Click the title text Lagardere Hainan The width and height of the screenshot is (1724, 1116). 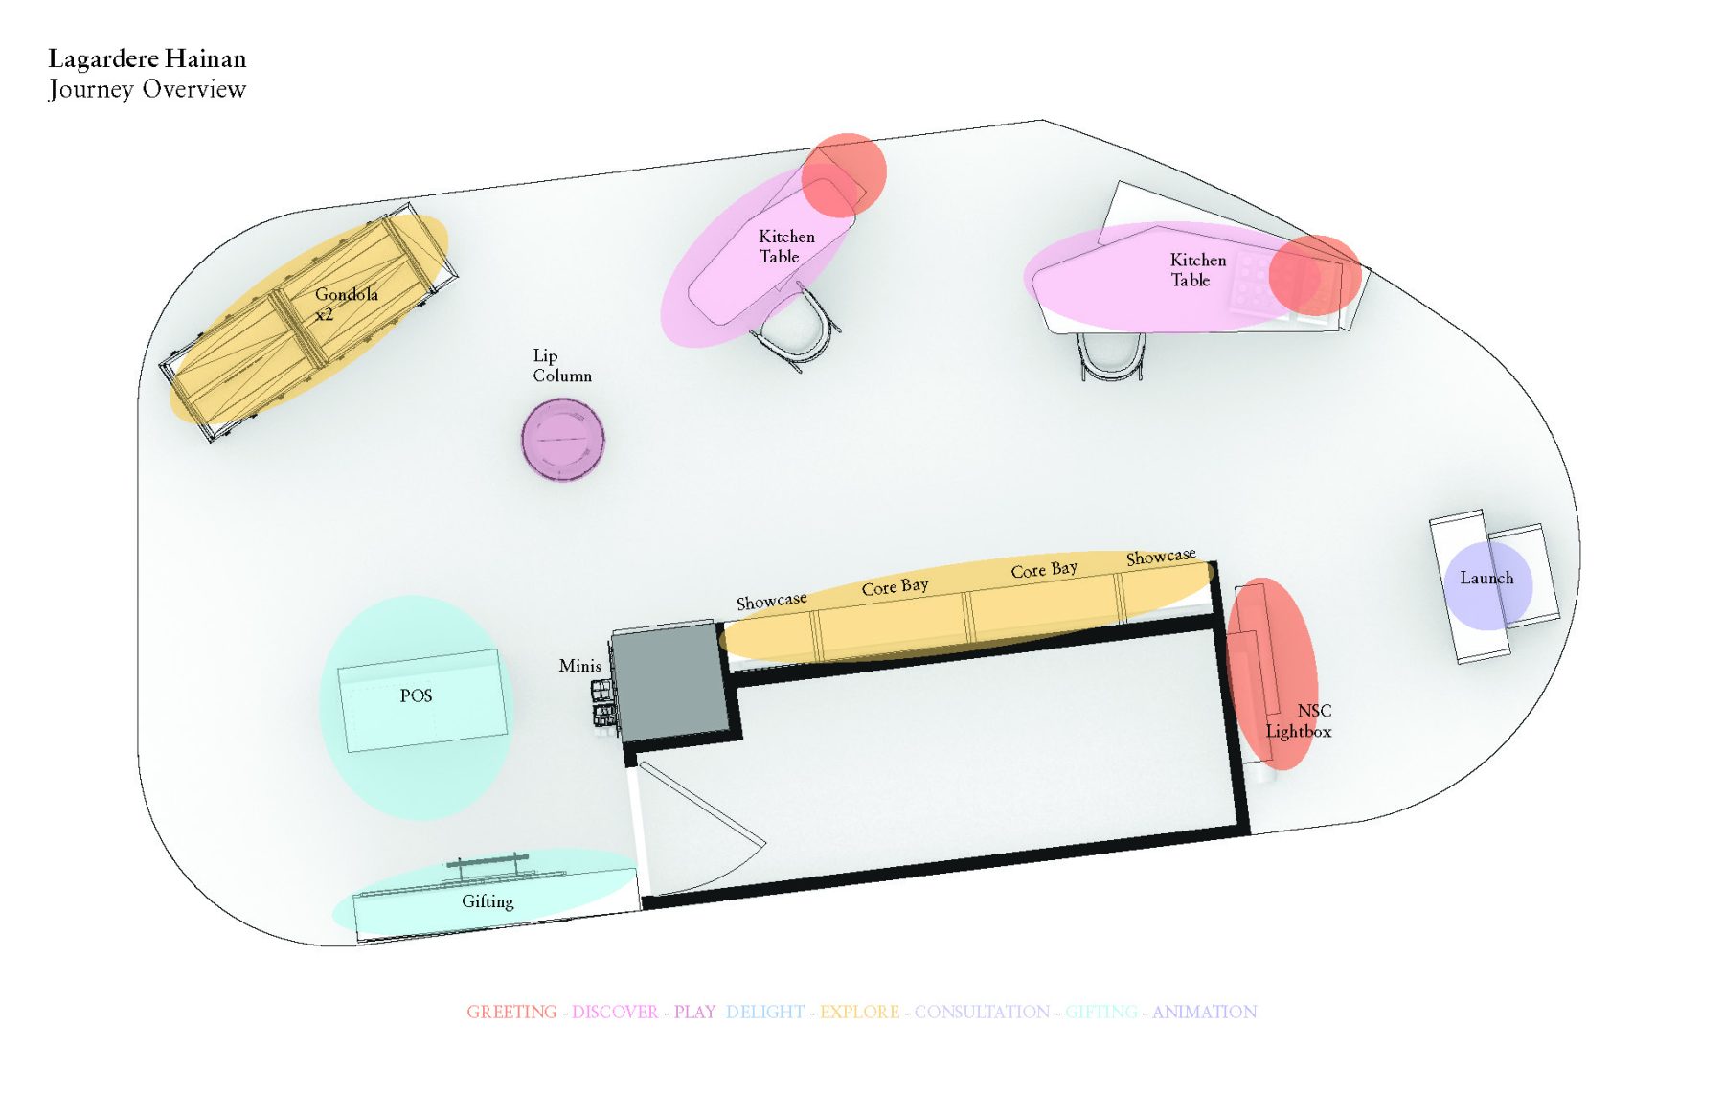(147, 59)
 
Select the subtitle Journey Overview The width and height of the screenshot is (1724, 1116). (147, 89)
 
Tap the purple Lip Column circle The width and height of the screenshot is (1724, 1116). (563, 439)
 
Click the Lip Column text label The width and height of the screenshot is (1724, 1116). (562, 366)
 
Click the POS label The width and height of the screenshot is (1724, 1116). (416, 695)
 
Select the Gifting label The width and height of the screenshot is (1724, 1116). (488, 901)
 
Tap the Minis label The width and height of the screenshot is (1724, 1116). (580, 665)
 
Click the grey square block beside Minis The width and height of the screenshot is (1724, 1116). (668, 681)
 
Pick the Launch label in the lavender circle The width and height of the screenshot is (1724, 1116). (1486, 578)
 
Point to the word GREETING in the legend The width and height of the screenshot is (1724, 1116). (511, 1012)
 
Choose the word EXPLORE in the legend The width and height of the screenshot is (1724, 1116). (859, 1012)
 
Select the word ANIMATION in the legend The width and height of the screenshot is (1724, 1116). (1204, 1012)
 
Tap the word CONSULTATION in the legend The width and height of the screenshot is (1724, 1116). (982, 1012)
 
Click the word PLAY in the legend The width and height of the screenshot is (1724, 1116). (694, 1012)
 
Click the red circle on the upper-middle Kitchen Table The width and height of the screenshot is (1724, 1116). (844, 173)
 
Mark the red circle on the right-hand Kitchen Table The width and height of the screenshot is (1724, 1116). (1315, 275)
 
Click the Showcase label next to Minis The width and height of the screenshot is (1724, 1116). (771, 601)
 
